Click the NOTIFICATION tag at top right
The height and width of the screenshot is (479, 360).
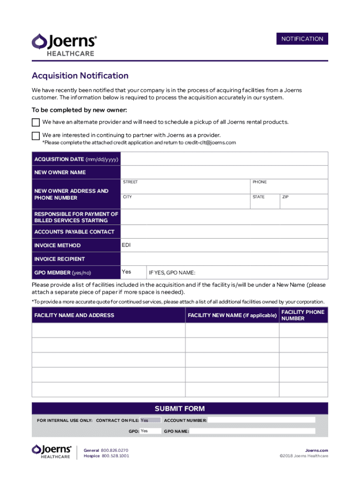302,39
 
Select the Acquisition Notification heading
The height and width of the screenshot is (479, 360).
80,76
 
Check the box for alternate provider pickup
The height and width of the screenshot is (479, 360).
36,123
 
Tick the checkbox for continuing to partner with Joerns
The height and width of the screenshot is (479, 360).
36,136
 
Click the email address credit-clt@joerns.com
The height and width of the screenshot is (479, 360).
210,143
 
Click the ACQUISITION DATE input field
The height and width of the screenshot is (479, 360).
224,160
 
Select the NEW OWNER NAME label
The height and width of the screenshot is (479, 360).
60,173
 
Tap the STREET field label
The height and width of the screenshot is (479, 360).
130,182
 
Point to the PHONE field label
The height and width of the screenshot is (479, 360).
259,182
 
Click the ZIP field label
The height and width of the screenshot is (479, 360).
285,197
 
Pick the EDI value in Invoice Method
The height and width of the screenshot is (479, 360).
126,245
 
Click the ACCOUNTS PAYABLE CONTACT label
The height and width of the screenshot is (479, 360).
74,232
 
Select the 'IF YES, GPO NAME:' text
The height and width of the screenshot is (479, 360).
172,273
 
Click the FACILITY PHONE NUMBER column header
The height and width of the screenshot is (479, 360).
302,315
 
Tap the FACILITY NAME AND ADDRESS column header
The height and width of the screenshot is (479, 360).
74,315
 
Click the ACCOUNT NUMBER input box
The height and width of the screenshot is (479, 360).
261,420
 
